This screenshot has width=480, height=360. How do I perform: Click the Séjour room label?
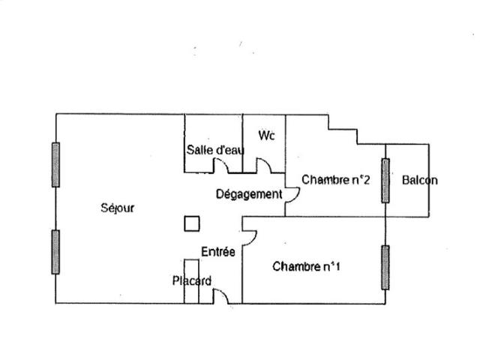click(x=117, y=208)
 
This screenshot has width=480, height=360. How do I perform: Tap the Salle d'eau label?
click(x=215, y=150)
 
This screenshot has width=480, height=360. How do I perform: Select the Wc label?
click(x=266, y=136)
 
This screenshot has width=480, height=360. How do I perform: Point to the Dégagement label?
click(x=249, y=194)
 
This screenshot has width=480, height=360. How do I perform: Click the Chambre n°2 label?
click(x=336, y=179)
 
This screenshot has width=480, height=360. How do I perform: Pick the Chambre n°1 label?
click(x=306, y=266)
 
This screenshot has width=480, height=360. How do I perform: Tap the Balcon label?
click(x=419, y=180)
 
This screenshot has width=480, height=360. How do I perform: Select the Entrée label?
click(x=218, y=252)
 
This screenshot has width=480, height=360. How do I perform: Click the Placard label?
click(x=191, y=281)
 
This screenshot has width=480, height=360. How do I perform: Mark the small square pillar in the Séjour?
click(x=192, y=223)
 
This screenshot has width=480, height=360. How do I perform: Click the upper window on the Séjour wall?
click(x=55, y=164)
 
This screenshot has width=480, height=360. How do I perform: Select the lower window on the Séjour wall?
click(x=55, y=251)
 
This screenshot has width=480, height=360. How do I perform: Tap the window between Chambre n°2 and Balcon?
click(x=385, y=180)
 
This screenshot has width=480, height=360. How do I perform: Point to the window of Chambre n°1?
click(x=385, y=267)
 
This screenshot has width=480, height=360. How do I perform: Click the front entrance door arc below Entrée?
click(x=221, y=296)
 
